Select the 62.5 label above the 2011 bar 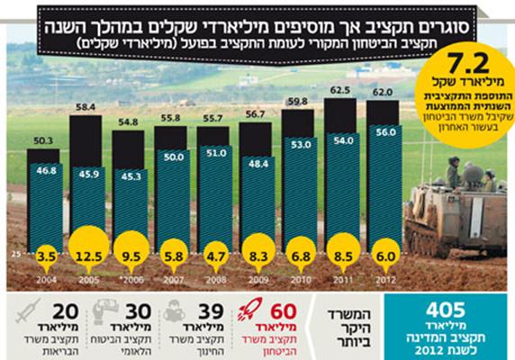click(x=340, y=91)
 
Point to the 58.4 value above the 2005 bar click(x=86, y=107)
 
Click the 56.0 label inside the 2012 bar click(x=383, y=130)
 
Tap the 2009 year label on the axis click(x=255, y=281)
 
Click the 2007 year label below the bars click(x=170, y=281)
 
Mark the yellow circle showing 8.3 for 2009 click(x=255, y=256)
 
